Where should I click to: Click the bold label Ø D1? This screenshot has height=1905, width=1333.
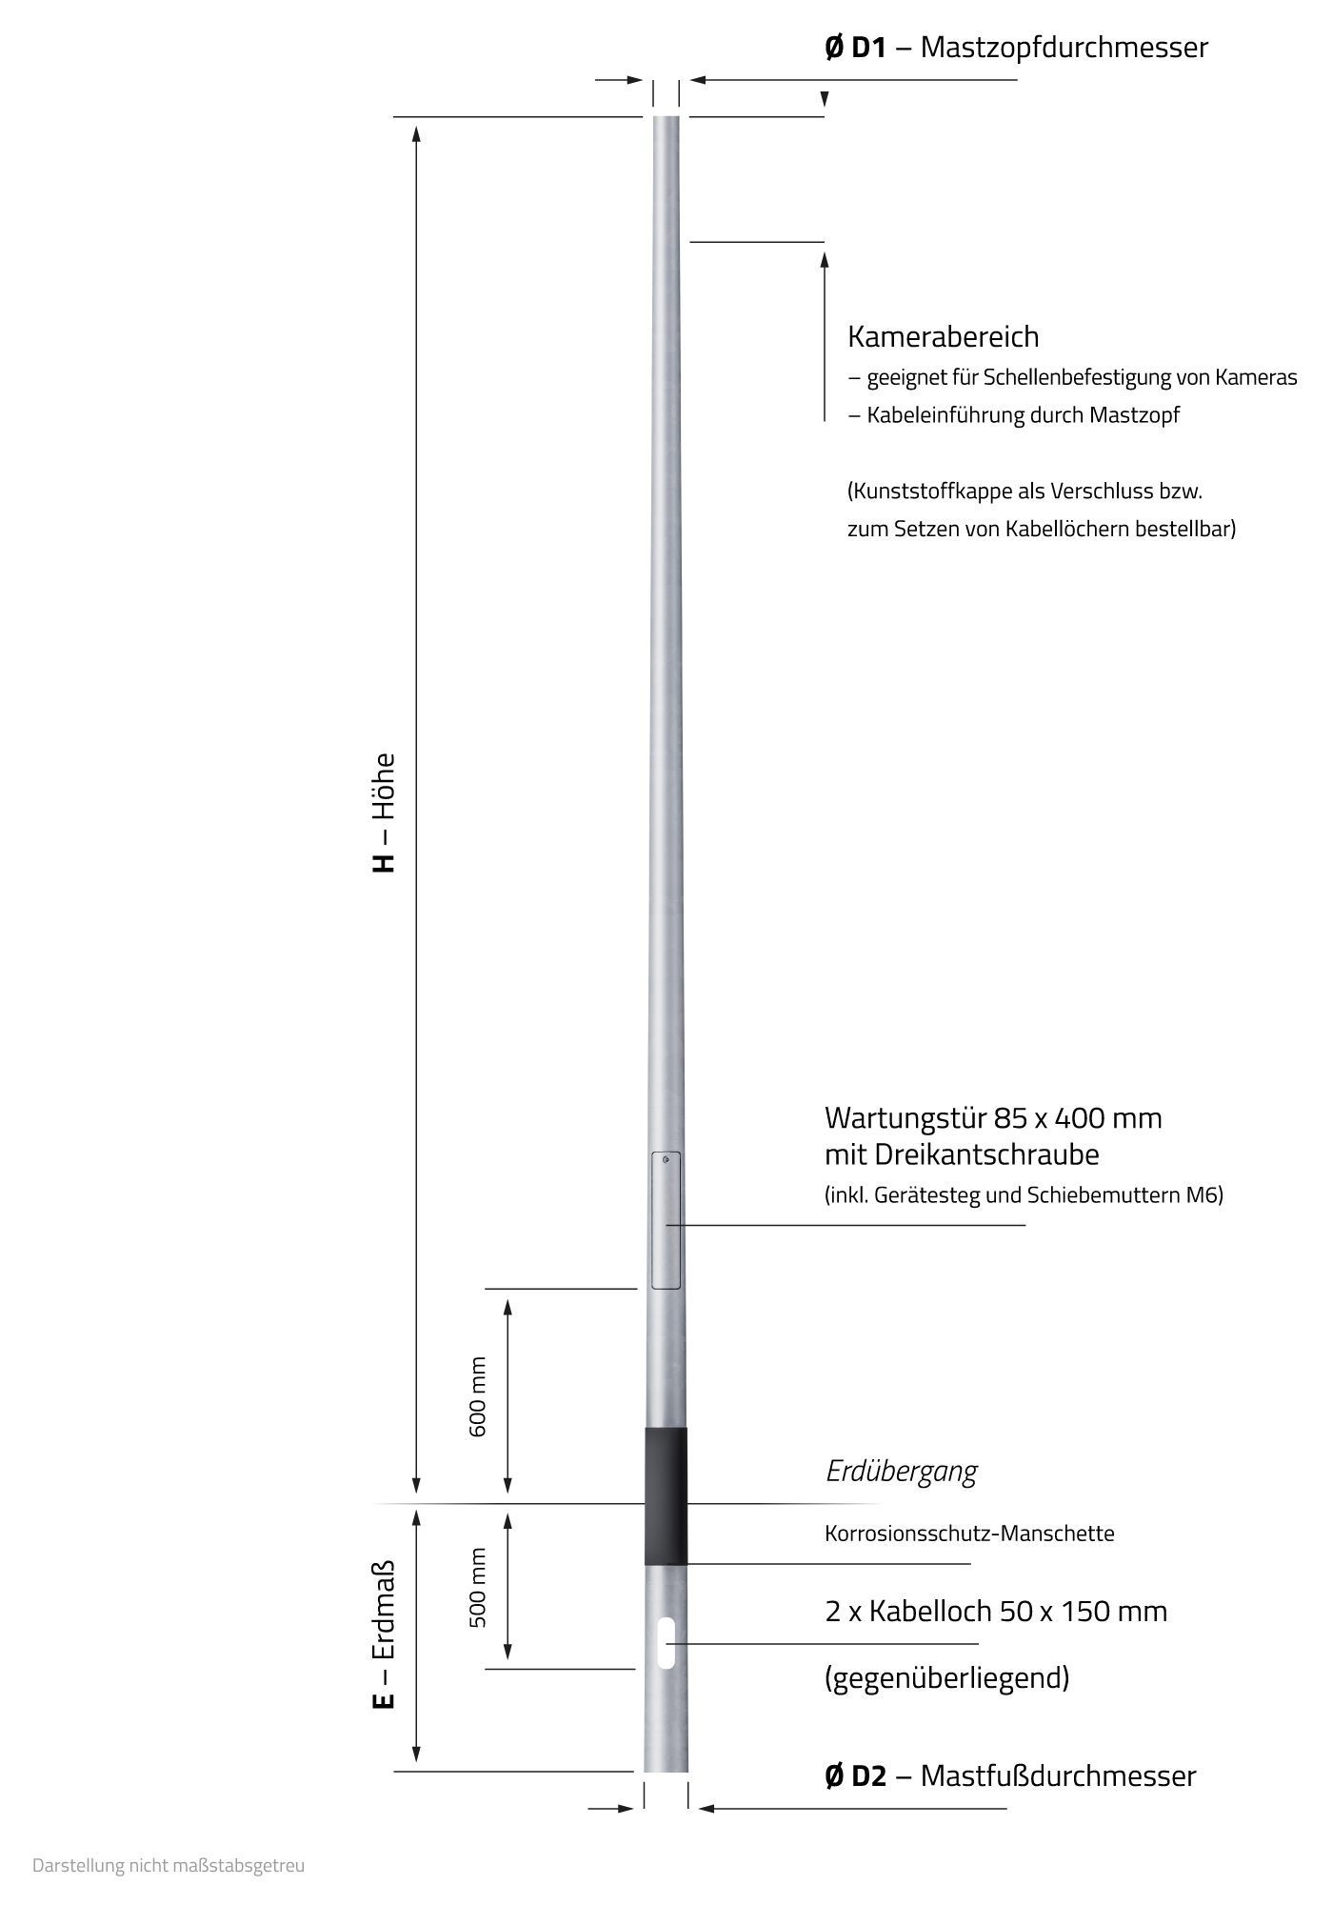pyautogui.click(x=855, y=47)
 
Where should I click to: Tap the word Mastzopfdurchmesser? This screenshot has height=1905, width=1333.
pyautogui.click(x=1064, y=47)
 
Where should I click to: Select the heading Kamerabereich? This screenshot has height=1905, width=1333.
pyautogui.click(x=943, y=336)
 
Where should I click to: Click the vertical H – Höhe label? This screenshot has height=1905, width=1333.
pyautogui.click(x=383, y=813)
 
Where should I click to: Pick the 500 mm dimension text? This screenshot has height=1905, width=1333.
pyautogui.click(x=478, y=1588)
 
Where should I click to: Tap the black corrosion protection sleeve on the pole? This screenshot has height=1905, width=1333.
pyautogui.click(x=666, y=1496)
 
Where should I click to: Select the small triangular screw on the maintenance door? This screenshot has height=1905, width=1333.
pyautogui.click(x=666, y=1159)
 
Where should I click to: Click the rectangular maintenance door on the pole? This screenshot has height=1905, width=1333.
pyautogui.click(x=666, y=1229)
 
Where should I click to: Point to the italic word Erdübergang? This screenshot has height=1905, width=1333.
pyautogui.click(x=901, y=1472)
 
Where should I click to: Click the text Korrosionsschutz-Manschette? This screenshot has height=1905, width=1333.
pyautogui.click(x=969, y=1534)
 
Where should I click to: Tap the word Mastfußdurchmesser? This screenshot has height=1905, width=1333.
pyautogui.click(x=1058, y=1775)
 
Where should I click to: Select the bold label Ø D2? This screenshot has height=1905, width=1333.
pyautogui.click(x=855, y=1775)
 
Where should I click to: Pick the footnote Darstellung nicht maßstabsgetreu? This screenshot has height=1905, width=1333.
pyautogui.click(x=169, y=1865)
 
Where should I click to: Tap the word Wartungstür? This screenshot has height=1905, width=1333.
pyautogui.click(x=904, y=1117)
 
